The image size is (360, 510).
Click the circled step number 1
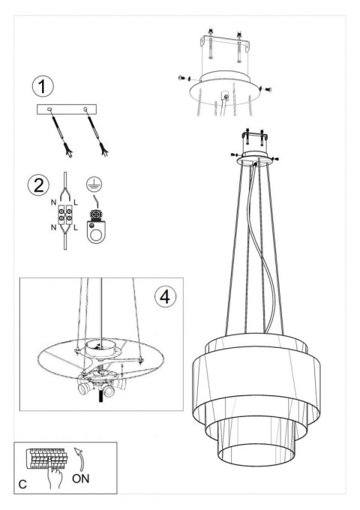tap(42, 86)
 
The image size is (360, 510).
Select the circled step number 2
tap(38, 185)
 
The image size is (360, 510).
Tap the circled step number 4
tap(165, 297)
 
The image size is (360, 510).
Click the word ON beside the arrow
tap(81, 478)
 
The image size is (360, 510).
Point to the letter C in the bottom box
tap(22, 484)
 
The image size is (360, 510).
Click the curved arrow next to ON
tap(80, 459)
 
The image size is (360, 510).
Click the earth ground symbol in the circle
tap(94, 184)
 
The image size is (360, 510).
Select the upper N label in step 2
tap(54, 202)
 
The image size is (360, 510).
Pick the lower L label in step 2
tap(76, 228)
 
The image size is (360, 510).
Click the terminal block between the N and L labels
tap(65, 215)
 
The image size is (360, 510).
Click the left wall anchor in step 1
tap(61, 134)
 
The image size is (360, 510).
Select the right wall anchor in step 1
tap(96, 133)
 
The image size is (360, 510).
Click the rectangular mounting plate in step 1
tap(67, 109)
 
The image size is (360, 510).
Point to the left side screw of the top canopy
tap(184, 78)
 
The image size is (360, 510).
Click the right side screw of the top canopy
tap(267, 88)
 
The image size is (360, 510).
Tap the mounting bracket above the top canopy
tap(225, 45)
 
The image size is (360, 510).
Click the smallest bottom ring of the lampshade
tap(256, 454)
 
